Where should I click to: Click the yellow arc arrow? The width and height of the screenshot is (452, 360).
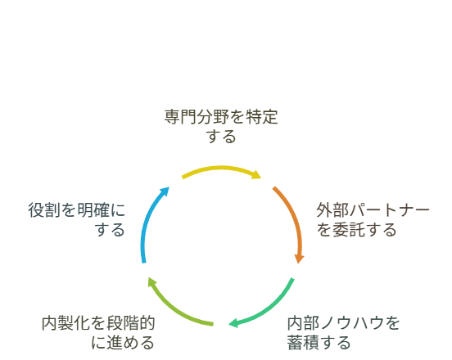pos(221,168)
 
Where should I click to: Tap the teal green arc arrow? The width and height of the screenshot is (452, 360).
pos(268,309)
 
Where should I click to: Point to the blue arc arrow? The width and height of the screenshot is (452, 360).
pos(148,219)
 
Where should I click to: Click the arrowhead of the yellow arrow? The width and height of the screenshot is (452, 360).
pos(256,174)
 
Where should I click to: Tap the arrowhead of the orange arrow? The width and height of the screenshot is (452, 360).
pos(300,259)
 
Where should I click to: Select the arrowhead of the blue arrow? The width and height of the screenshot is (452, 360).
pos(165,191)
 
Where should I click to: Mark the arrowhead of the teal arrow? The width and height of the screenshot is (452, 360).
pos(233,323)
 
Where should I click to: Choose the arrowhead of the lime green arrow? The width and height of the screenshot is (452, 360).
pos(152,281)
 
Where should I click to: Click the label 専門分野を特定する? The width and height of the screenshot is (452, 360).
pos(221,127)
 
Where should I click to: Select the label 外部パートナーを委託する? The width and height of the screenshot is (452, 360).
pos(373,220)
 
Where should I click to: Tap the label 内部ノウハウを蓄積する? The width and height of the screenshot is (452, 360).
pos(343,333)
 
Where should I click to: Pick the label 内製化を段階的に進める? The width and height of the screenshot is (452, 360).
pos(98,333)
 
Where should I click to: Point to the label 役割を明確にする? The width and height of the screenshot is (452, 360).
pos(77,220)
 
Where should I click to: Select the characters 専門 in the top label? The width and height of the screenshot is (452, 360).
pos(180,117)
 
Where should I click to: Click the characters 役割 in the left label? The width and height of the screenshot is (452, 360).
pos(44,210)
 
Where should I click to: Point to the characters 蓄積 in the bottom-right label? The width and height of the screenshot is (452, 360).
pos(303,343)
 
